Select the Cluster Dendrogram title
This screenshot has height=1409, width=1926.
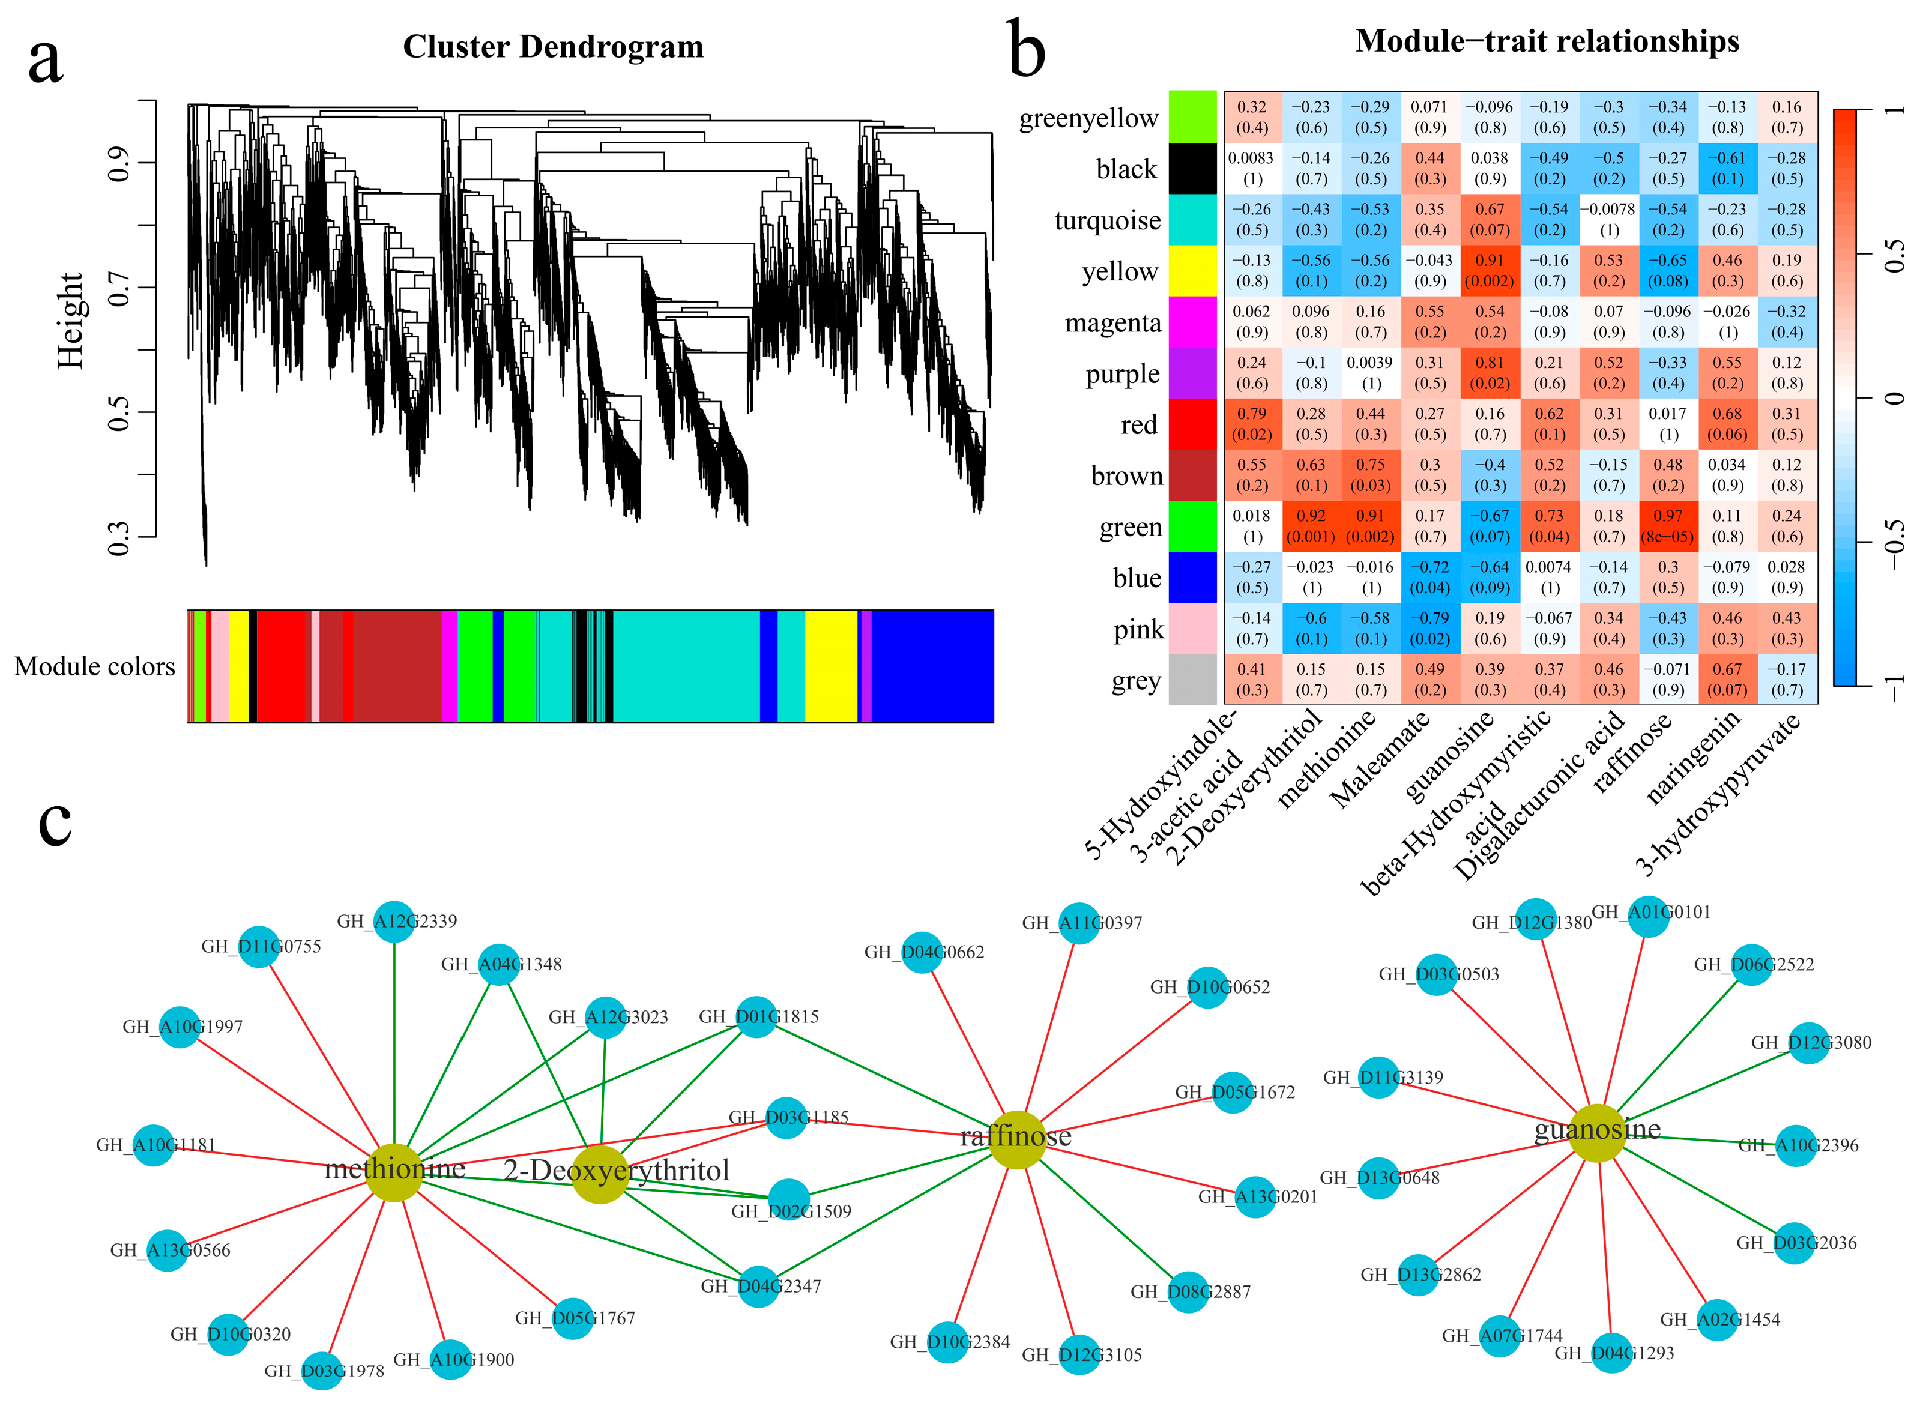point(553,47)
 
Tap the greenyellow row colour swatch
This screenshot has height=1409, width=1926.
point(1192,117)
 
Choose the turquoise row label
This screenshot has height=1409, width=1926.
point(1106,220)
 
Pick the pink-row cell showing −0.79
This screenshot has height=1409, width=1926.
point(1429,629)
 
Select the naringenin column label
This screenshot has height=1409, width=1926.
point(1693,758)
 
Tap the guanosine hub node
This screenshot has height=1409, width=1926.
point(1597,1133)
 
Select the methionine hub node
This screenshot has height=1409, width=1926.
point(394,1172)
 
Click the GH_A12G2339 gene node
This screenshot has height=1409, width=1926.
point(393,921)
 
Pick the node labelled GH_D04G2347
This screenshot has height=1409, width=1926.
point(758,1286)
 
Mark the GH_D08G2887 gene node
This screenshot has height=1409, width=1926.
point(1188,1291)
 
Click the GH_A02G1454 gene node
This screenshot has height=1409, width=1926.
point(1717,1320)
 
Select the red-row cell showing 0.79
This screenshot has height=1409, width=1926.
point(1251,424)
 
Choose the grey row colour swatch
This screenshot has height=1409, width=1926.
point(1192,680)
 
